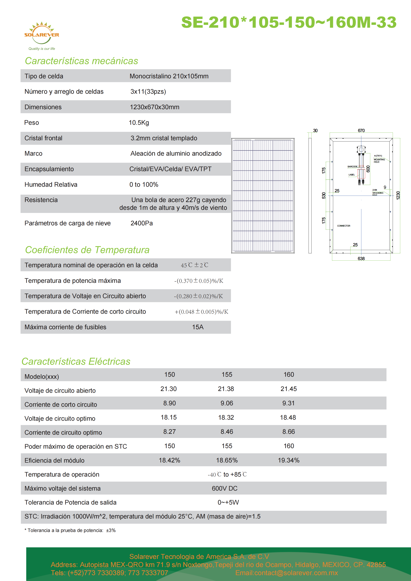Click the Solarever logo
coord(41,34)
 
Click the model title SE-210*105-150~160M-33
coord(288,22)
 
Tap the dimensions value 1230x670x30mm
coord(154,107)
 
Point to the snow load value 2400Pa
coord(142,223)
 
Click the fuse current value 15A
coord(198,327)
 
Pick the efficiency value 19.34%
coord(288,460)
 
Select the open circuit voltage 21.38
coord(226,389)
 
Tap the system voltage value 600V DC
coord(224,488)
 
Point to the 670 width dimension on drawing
coord(361,131)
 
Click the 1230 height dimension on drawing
coord(398,195)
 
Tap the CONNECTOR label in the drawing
coord(344,226)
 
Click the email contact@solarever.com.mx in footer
coord(287,573)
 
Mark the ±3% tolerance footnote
coord(111,530)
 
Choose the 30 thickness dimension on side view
coord(315,131)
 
